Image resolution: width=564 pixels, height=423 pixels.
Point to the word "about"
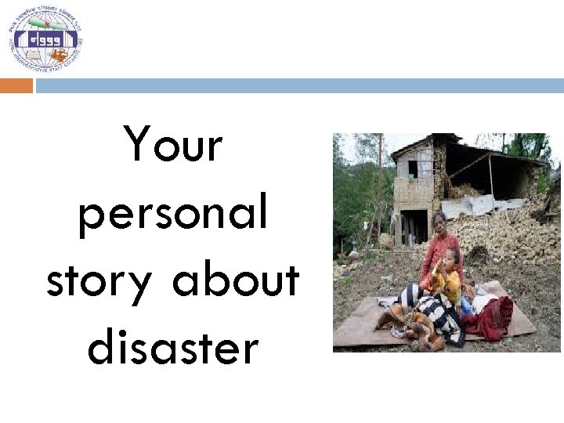click(236, 280)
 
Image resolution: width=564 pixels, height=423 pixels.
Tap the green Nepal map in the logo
click(45, 23)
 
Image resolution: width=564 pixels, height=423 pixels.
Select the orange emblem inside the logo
click(59, 55)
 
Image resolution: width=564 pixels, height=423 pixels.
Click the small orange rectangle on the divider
click(16, 85)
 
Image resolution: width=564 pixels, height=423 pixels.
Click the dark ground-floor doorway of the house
click(411, 226)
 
